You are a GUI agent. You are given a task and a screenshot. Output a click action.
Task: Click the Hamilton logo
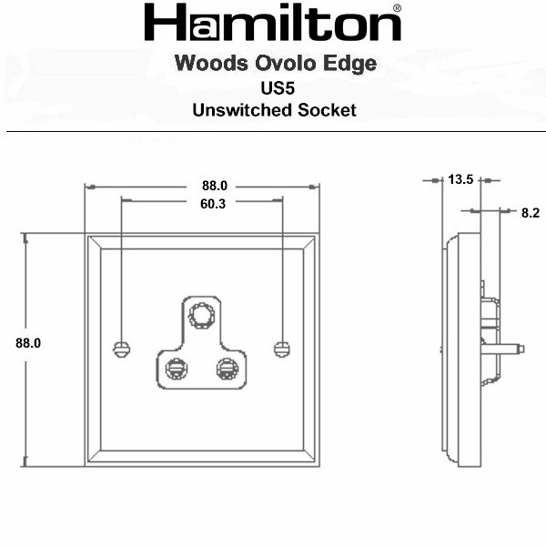point(273,22)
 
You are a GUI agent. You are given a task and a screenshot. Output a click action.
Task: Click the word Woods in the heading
point(212,63)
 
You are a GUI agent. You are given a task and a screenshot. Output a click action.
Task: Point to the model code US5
point(278,88)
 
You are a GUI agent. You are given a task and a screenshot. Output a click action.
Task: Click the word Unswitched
point(242,110)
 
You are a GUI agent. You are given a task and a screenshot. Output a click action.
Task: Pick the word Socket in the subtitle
point(327,110)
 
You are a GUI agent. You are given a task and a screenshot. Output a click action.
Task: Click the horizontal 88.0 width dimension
point(215,186)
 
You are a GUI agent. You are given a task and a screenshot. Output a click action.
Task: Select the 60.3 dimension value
point(213,204)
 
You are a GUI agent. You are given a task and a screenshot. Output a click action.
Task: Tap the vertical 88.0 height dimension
point(28,343)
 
